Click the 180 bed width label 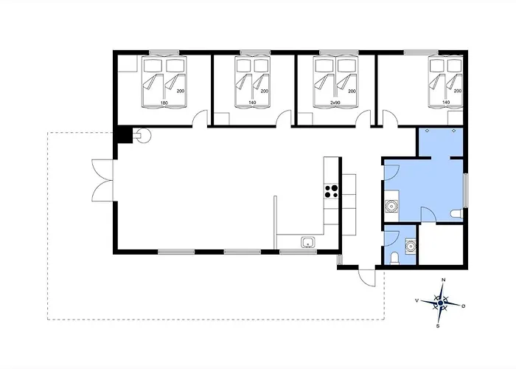tap(164, 103)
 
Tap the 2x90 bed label tap(335, 103)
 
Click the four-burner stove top tap(332, 191)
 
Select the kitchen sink tap(308, 242)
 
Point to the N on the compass tap(443, 280)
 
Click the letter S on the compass tap(438, 326)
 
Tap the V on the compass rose tap(417, 300)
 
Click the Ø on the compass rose tap(464, 306)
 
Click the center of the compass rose tap(441, 303)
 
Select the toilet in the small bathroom tap(394, 258)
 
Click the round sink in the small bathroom tap(411, 246)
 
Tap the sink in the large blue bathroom tap(391, 206)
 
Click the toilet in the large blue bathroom tap(456, 214)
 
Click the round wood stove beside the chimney tap(144, 135)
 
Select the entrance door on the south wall tap(366, 277)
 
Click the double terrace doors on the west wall tap(102, 180)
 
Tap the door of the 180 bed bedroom tap(200, 119)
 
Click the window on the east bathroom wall tap(466, 190)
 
